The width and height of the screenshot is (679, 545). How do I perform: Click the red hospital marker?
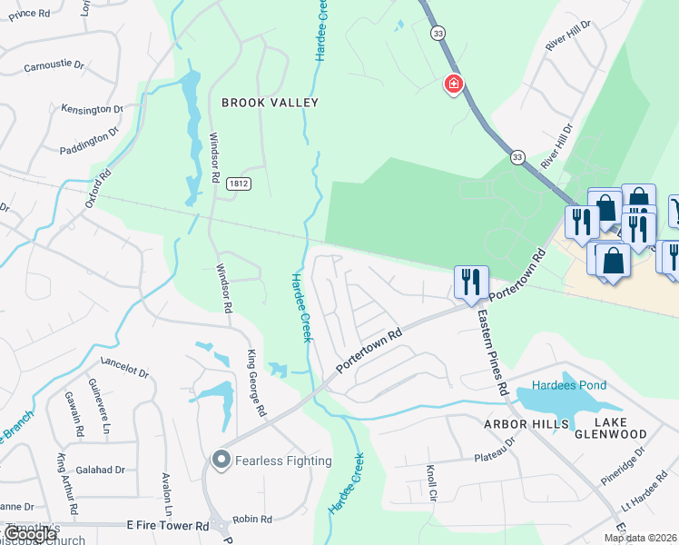click(x=452, y=84)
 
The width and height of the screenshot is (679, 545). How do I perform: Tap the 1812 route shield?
click(x=233, y=183)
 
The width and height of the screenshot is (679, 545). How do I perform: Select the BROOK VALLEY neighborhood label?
click(x=271, y=103)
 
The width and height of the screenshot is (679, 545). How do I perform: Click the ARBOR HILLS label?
click(x=526, y=424)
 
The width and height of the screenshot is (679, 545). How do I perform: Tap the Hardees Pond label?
click(x=569, y=385)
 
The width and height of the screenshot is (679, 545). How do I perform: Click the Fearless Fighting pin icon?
click(x=220, y=461)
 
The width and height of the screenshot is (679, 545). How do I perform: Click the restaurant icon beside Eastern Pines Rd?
click(x=470, y=281)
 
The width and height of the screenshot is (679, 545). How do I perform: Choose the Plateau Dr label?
click(x=497, y=452)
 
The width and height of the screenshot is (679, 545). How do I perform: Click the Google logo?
click(x=30, y=534)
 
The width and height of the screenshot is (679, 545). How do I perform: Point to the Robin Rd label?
click(x=253, y=520)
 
